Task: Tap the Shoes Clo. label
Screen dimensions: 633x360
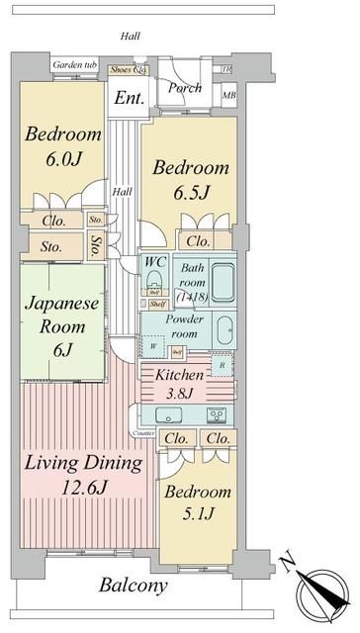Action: coord(128,69)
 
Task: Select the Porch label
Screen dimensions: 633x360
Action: coord(185,88)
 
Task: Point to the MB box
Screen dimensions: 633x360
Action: coord(228,96)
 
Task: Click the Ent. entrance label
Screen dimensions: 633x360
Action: coord(130,98)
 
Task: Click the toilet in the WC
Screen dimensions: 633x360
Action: coord(155,281)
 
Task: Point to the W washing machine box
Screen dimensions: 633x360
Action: coord(153,346)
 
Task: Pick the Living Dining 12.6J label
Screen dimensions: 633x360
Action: coord(84,475)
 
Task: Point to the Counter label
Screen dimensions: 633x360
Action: coord(145,433)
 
